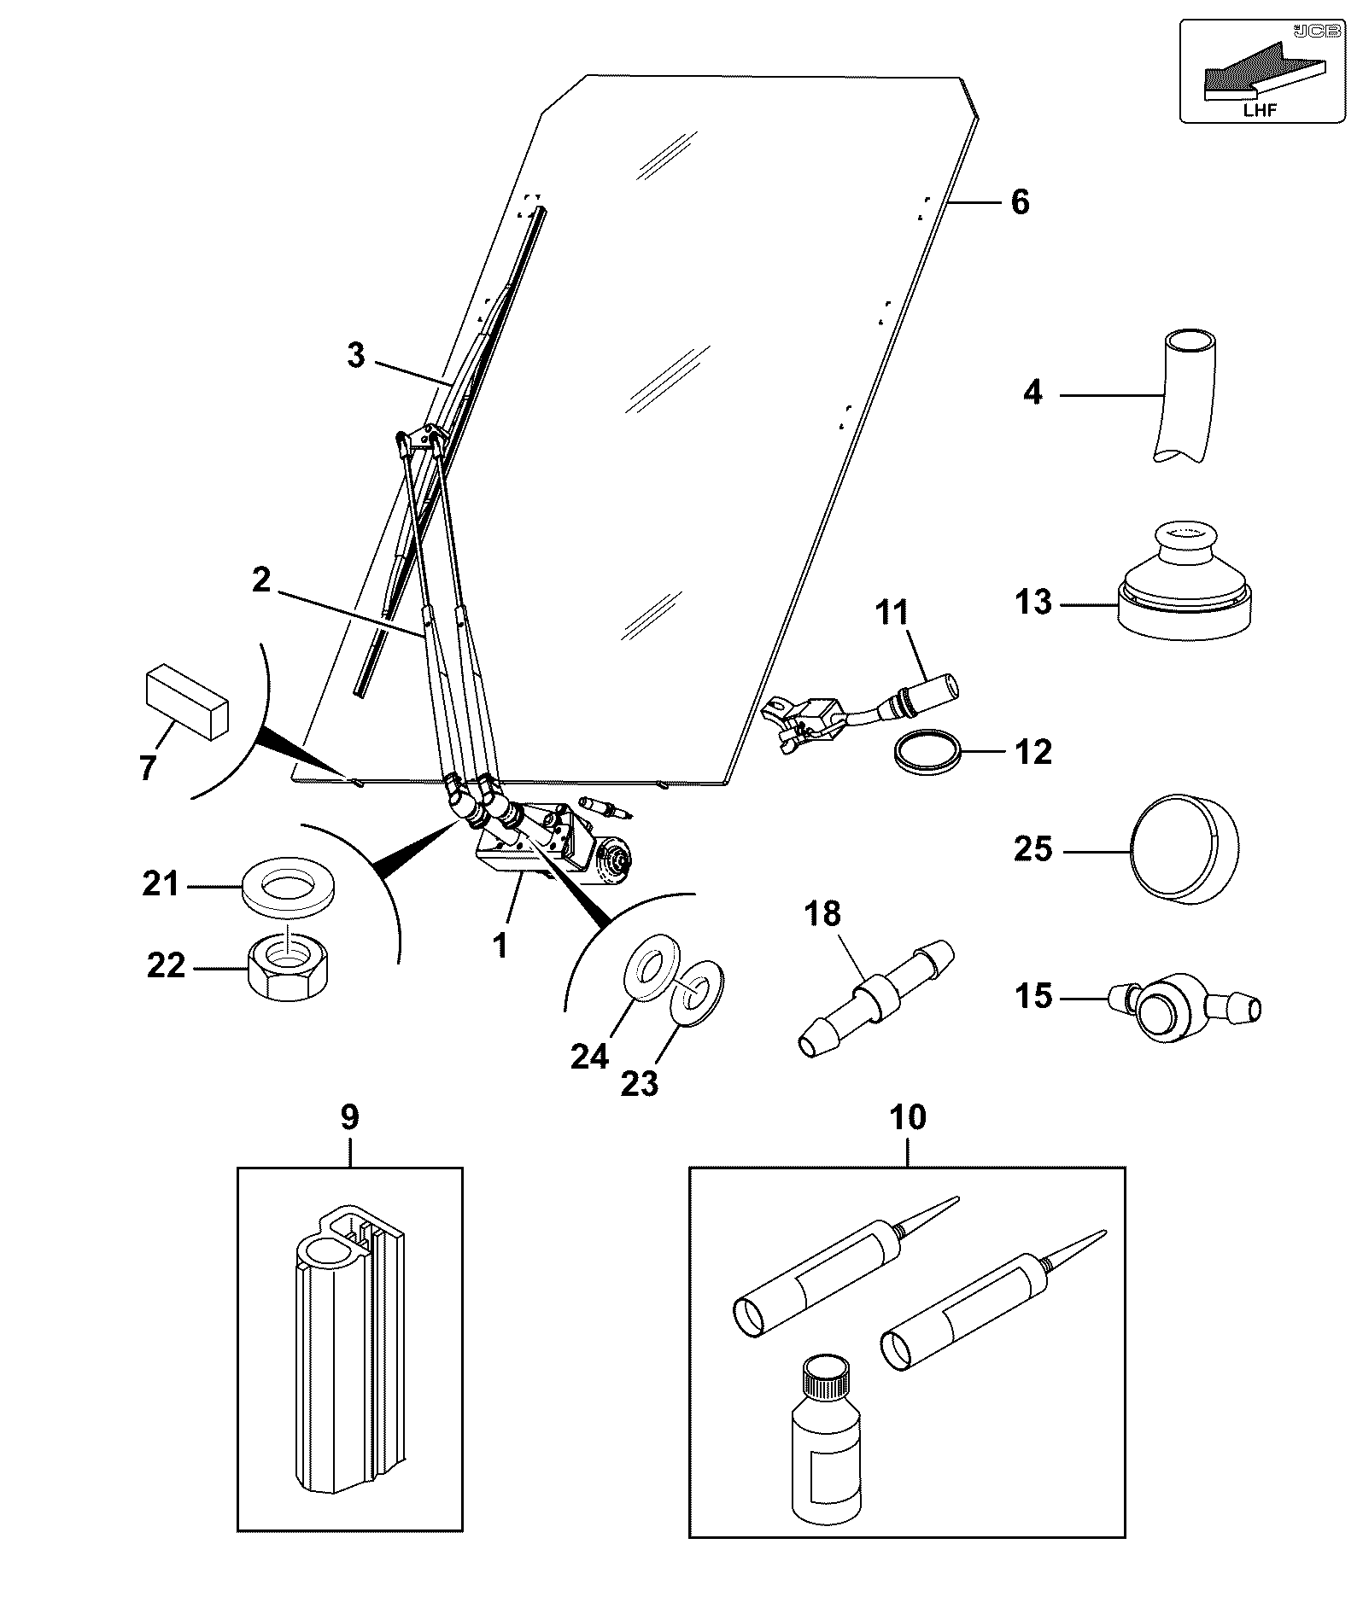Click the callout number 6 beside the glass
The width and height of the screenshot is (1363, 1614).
pyautogui.click(x=1020, y=202)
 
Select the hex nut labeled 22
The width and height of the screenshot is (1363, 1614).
pyautogui.click(x=291, y=968)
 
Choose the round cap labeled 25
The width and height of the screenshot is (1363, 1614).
pyautogui.click(x=1184, y=849)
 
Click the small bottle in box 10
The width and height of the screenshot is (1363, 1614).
pyautogui.click(x=823, y=1449)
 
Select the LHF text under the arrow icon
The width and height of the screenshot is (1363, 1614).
pyautogui.click(x=1261, y=109)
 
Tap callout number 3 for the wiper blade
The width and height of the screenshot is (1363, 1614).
pyautogui.click(x=356, y=355)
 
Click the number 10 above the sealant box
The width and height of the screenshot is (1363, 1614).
pyautogui.click(x=907, y=1116)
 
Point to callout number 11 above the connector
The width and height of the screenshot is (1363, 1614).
pyautogui.click(x=892, y=613)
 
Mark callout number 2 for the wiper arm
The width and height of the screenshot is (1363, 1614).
pyautogui.click(x=260, y=580)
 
